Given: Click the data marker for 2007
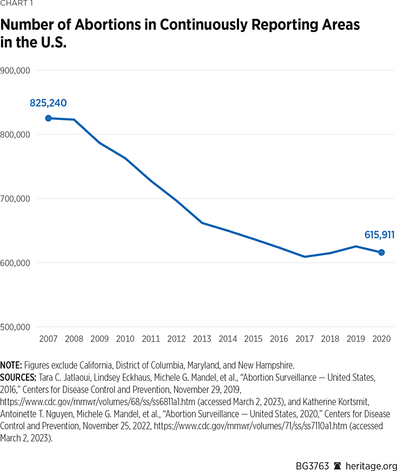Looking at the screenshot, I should tap(48, 118).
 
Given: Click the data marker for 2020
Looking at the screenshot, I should tap(381, 252).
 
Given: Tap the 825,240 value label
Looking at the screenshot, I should tap(48, 103).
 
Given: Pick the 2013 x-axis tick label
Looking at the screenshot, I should tap(202, 339).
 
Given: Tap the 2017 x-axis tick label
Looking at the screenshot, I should tap(305, 339).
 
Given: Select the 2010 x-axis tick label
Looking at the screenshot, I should tap(125, 339).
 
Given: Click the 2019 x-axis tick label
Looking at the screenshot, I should tap(356, 339).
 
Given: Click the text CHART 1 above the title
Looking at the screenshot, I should tap(16, 5).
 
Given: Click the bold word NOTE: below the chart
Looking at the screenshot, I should tap(11, 365).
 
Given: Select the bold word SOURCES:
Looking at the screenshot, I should tap(18, 378).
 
